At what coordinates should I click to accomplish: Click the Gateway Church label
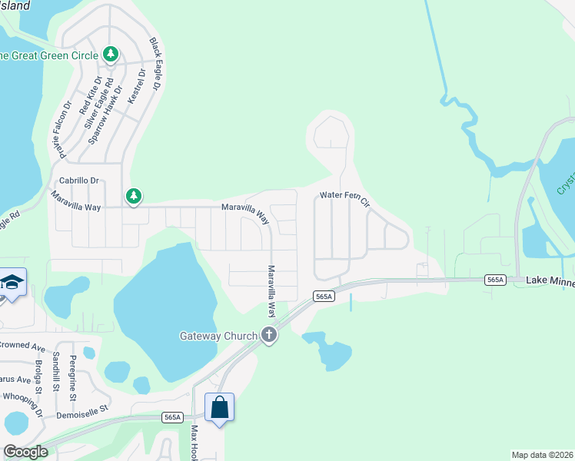pos(219,336)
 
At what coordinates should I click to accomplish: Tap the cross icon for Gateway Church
pos(268,334)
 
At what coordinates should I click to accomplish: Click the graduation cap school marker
pos(12,282)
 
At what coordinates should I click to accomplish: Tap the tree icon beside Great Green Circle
pos(111,55)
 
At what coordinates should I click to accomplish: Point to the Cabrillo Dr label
pos(80,181)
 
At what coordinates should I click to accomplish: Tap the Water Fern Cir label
pos(345,198)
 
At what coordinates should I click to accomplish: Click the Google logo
pos(25,452)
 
